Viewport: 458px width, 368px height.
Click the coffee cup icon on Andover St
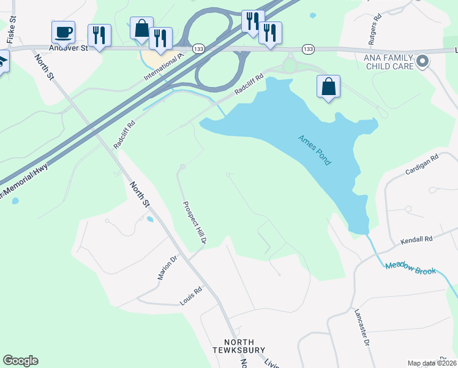point(63,31)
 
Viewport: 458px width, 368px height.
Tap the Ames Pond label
point(315,150)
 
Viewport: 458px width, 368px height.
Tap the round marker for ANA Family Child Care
point(422,61)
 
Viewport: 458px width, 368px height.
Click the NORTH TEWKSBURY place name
point(244,346)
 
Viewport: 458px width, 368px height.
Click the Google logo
point(20,361)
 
